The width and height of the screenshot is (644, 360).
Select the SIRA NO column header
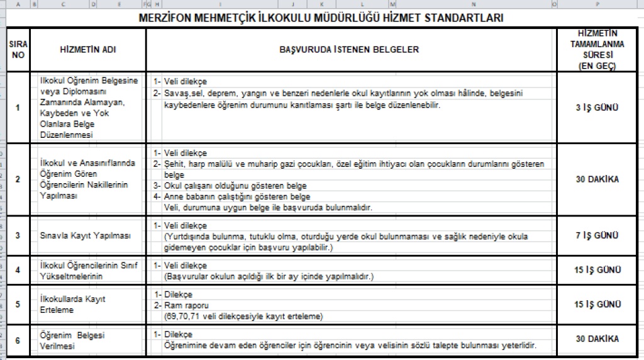tap(17, 50)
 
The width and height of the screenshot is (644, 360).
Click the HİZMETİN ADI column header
tap(87, 50)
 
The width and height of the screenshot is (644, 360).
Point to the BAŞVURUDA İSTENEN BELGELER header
tap(350, 50)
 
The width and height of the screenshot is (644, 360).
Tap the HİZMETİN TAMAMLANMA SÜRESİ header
tap(597, 49)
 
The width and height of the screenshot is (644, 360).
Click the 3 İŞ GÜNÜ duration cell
tap(597, 108)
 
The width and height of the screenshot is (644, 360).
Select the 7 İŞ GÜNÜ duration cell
tap(597, 235)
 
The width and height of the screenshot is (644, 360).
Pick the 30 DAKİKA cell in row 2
tap(597, 179)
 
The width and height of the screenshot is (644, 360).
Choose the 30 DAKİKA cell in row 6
tap(597, 339)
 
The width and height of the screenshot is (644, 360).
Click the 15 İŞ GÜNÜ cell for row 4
tap(597, 270)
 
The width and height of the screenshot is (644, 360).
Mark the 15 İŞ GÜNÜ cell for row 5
tap(597, 304)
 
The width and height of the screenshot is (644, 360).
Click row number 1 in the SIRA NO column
tap(17, 108)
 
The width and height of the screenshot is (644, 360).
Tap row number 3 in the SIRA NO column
tap(17, 235)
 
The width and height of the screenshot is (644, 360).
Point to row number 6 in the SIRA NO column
tap(17, 340)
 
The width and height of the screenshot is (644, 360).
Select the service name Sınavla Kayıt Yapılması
tap(85, 235)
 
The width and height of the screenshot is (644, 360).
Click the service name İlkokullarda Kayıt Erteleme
tap(73, 305)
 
